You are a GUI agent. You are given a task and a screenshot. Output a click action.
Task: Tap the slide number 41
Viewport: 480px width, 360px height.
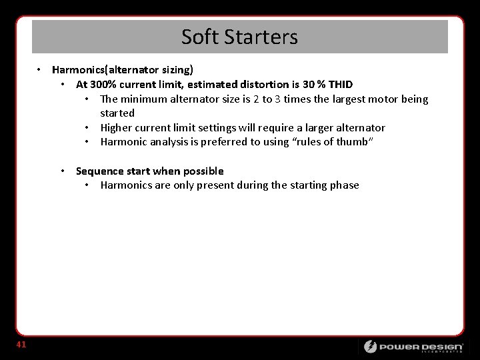pos(21,345)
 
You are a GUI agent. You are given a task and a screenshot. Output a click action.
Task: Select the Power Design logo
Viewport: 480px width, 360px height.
pos(413,347)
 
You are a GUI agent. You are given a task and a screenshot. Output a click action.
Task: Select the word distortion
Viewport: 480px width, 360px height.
pos(260,84)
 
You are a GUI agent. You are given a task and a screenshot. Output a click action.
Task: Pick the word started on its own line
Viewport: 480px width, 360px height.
pos(117,113)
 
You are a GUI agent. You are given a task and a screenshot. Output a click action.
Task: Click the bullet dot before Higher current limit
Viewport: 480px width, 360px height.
pos(87,127)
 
